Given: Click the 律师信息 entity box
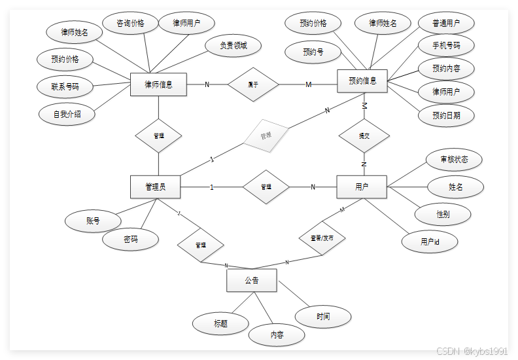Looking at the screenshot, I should pyautogui.click(x=158, y=84).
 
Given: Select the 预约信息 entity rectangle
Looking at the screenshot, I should pyautogui.click(x=362, y=81).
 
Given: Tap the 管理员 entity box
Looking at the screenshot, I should pyautogui.click(x=155, y=187).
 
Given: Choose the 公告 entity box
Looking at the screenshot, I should pyautogui.click(x=252, y=280).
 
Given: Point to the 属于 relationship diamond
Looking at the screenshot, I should pyautogui.click(x=253, y=84).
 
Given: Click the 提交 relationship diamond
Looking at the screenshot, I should pyautogui.click(x=364, y=136).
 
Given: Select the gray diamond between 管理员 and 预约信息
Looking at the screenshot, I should pyautogui.click(x=266, y=136).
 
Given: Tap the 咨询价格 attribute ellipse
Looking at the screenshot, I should pyautogui.click(x=130, y=24).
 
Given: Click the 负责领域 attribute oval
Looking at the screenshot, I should pyautogui.click(x=233, y=46).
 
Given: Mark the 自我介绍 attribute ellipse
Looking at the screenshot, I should pyautogui.click(x=67, y=114).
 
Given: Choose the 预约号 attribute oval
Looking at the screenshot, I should pyautogui.click(x=313, y=51).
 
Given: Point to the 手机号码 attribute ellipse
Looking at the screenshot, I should pyautogui.click(x=446, y=46).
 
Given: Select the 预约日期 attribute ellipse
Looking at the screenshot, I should pyautogui.click(x=446, y=116).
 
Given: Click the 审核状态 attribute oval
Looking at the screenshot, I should pyautogui.click(x=454, y=160).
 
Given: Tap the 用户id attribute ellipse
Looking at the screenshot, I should pyautogui.click(x=430, y=242).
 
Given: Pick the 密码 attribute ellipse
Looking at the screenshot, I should pyautogui.click(x=130, y=240).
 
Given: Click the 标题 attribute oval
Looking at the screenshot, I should pyautogui.click(x=220, y=323).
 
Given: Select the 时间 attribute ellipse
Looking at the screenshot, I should pyautogui.click(x=323, y=316).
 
